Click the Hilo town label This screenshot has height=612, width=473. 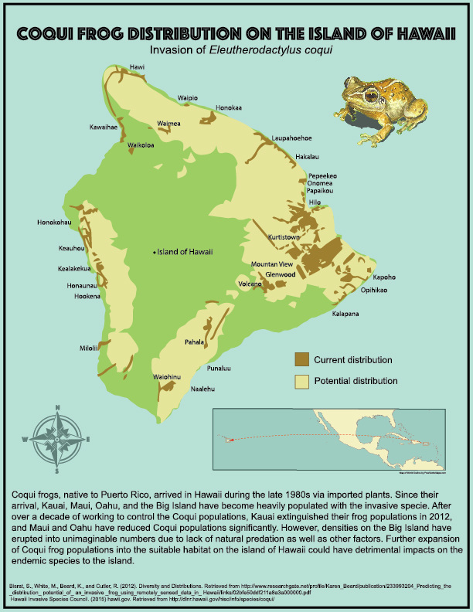click(x=315, y=202)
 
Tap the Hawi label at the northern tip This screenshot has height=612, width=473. click(x=138, y=67)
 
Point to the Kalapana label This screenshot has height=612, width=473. click(x=346, y=314)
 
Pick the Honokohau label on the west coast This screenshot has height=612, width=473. click(x=54, y=223)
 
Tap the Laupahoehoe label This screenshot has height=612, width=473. click(x=291, y=137)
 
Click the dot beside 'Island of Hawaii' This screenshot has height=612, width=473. click(x=154, y=252)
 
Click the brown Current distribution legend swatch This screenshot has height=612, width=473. click(x=301, y=359)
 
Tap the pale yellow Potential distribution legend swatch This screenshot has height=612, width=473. click(x=301, y=381)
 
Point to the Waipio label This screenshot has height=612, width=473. click(x=188, y=98)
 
